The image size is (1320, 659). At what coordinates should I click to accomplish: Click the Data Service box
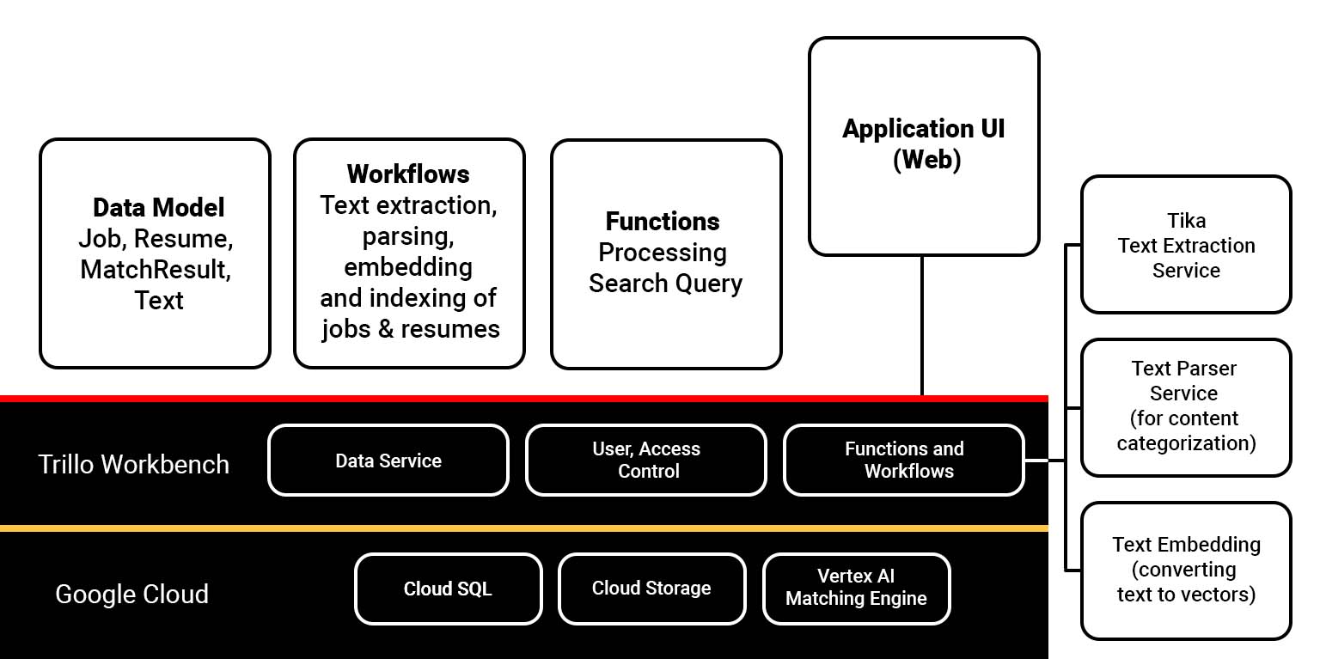pyautogui.click(x=388, y=461)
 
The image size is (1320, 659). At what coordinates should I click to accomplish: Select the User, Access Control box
pyautogui.click(x=646, y=461)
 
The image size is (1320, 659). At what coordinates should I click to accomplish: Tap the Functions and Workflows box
pyautogui.click(x=904, y=461)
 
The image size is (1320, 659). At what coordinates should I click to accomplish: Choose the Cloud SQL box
pyautogui.click(x=448, y=589)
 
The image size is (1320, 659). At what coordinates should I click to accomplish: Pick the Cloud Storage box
pyautogui.click(x=651, y=589)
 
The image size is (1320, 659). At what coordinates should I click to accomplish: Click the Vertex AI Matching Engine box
pyautogui.click(x=856, y=589)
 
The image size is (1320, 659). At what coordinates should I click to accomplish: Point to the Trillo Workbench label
pyautogui.click(x=134, y=464)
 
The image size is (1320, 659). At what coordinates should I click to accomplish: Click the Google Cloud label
pyautogui.click(x=131, y=594)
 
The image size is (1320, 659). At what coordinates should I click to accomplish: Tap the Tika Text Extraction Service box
pyautogui.click(x=1186, y=245)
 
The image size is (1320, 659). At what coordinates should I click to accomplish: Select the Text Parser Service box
pyautogui.click(x=1186, y=406)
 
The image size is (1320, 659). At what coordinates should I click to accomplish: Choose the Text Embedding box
pyautogui.click(x=1186, y=570)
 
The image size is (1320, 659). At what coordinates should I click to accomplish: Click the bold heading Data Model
pyautogui.click(x=159, y=207)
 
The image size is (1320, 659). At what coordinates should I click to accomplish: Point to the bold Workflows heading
pyautogui.click(x=408, y=174)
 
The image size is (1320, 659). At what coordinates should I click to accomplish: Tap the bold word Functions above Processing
pyautogui.click(x=663, y=222)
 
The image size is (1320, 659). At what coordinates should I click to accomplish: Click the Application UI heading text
pyautogui.click(x=924, y=129)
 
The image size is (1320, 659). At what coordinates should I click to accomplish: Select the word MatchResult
pyautogui.click(x=156, y=270)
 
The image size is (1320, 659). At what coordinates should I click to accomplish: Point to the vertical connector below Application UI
pyautogui.click(x=922, y=326)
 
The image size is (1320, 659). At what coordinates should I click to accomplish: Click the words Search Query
pyautogui.click(x=665, y=284)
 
